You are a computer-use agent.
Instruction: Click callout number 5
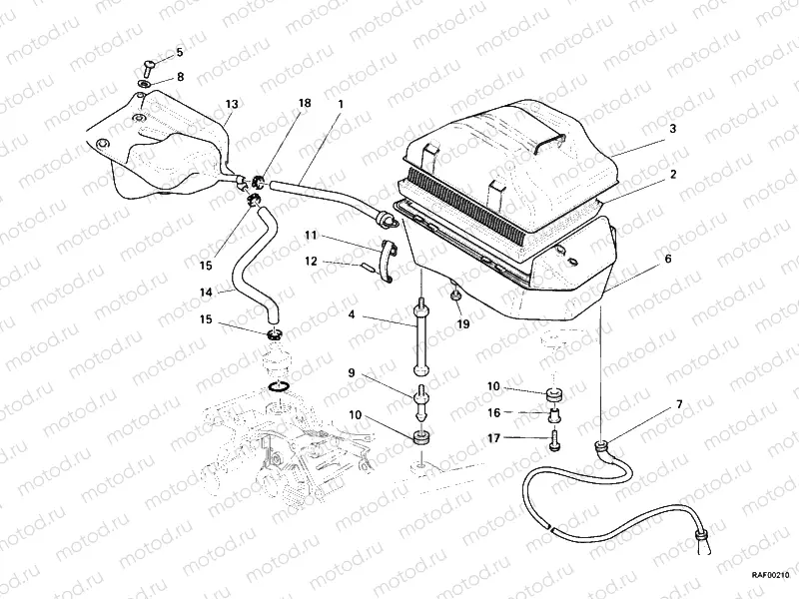coord(180,52)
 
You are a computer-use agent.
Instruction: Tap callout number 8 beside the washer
coord(180,76)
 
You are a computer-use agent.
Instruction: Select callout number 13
coord(232,104)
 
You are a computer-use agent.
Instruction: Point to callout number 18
coord(305,104)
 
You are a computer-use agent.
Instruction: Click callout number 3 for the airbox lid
coord(673,129)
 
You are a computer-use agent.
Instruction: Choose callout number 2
coord(673,174)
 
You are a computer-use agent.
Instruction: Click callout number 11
coord(311,236)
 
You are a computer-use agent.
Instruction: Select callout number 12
coord(311,262)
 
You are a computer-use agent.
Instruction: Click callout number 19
coord(462,324)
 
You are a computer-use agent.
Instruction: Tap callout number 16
coord(493,411)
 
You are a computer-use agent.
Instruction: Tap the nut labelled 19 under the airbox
coord(455,297)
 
